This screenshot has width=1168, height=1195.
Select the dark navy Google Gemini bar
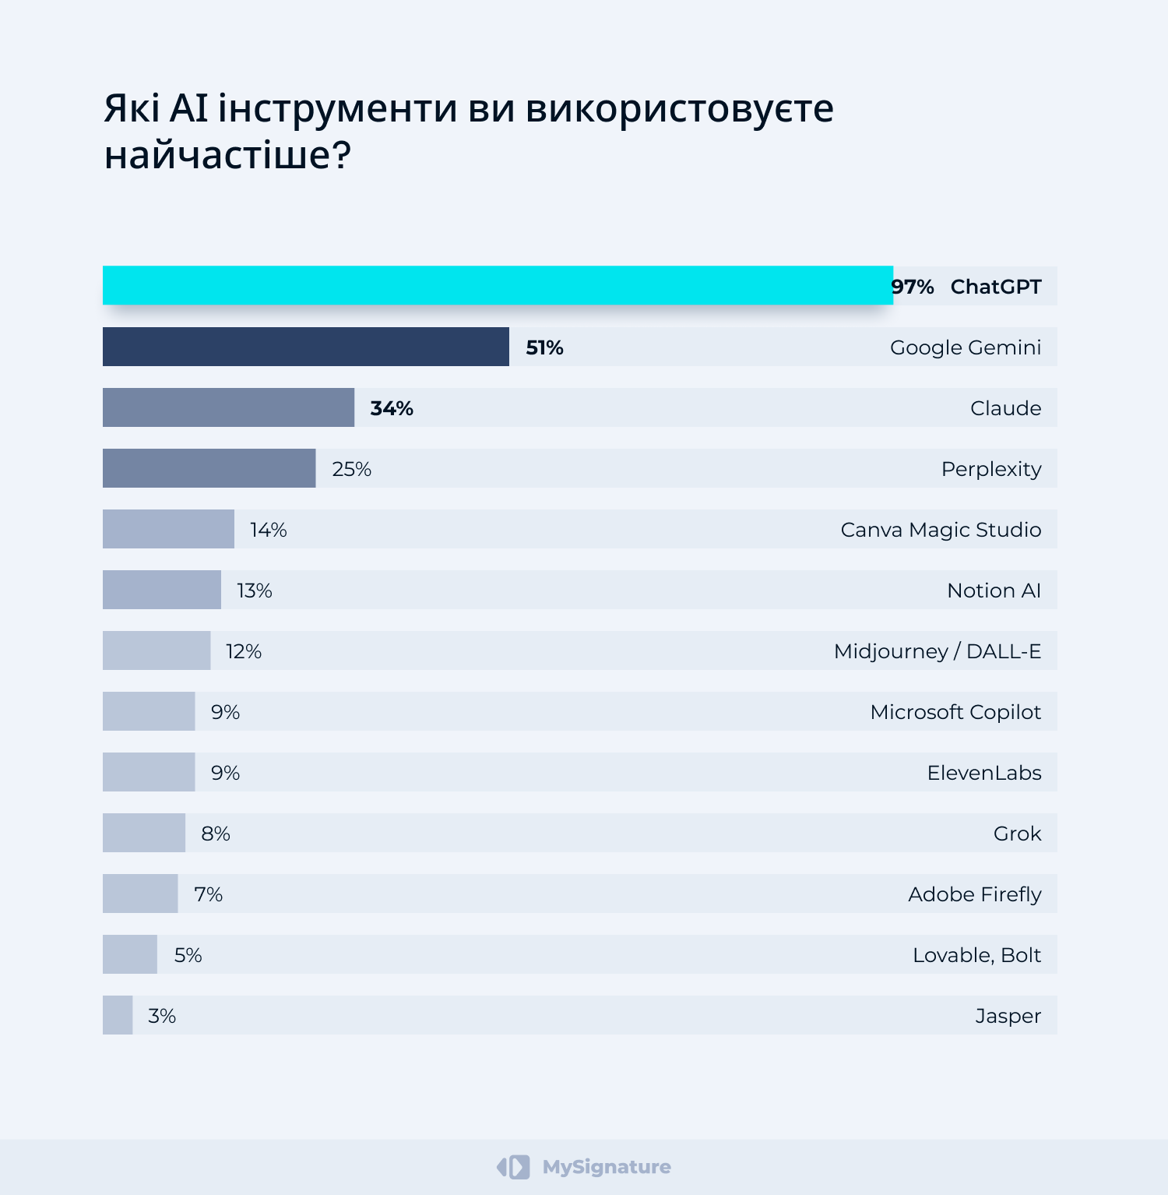(x=305, y=347)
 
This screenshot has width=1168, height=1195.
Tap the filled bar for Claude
(x=228, y=407)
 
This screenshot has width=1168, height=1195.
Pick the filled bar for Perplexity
(x=209, y=468)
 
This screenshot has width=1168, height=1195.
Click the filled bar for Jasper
(x=118, y=1015)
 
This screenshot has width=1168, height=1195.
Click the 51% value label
(x=544, y=347)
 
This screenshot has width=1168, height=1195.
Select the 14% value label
(x=269, y=530)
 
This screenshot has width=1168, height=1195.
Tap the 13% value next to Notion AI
(x=255, y=590)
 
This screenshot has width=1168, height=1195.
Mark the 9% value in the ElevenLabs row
(x=225, y=773)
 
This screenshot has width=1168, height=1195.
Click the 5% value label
(x=188, y=955)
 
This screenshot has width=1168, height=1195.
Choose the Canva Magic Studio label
(x=941, y=530)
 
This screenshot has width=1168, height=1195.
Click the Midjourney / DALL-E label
(x=937, y=651)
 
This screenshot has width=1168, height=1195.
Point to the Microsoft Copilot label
(x=955, y=712)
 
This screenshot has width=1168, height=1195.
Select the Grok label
(x=1017, y=834)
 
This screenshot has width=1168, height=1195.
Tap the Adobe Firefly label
(x=974, y=894)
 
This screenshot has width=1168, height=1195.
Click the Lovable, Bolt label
(x=976, y=955)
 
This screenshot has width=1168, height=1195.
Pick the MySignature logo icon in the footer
(x=513, y=1167)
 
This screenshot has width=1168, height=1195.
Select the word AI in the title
(x=189, y=108)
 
